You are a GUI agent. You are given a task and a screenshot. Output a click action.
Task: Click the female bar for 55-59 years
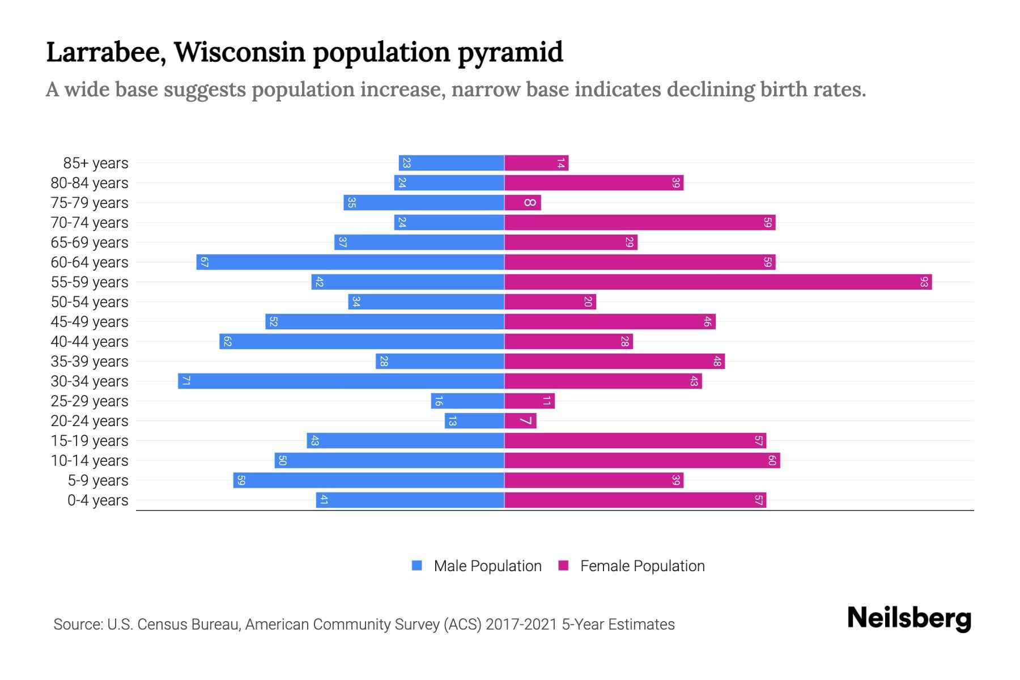coord(718,282)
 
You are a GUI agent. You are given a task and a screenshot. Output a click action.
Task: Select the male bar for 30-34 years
coord(341,381)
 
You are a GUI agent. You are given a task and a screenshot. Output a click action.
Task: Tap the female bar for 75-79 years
coord(522,203)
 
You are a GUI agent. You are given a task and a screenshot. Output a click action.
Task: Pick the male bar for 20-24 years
coord(474,421)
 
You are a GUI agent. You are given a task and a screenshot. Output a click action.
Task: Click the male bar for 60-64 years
coord(350,262)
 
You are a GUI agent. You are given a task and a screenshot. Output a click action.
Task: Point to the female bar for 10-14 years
coord(642,461)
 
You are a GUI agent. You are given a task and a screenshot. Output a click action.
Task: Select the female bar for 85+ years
coord(536,163)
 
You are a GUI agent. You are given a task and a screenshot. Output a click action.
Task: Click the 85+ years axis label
coord(96,163)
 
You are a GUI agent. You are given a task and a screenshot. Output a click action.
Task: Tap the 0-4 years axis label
coord(97,500)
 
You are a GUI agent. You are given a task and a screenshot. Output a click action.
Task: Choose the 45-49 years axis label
coord(90,322)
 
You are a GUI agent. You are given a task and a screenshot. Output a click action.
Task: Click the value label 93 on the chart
coord(924,282)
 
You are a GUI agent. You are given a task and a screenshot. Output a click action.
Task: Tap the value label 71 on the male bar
coord(185,381)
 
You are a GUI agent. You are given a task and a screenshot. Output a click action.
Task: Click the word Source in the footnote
coord(76,624)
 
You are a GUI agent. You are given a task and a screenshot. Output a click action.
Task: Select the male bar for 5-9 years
coord(368,481)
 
